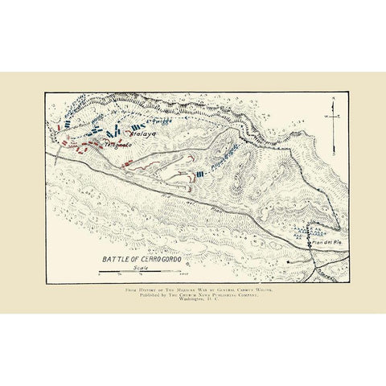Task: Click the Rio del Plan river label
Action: click(x=338, y=273)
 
